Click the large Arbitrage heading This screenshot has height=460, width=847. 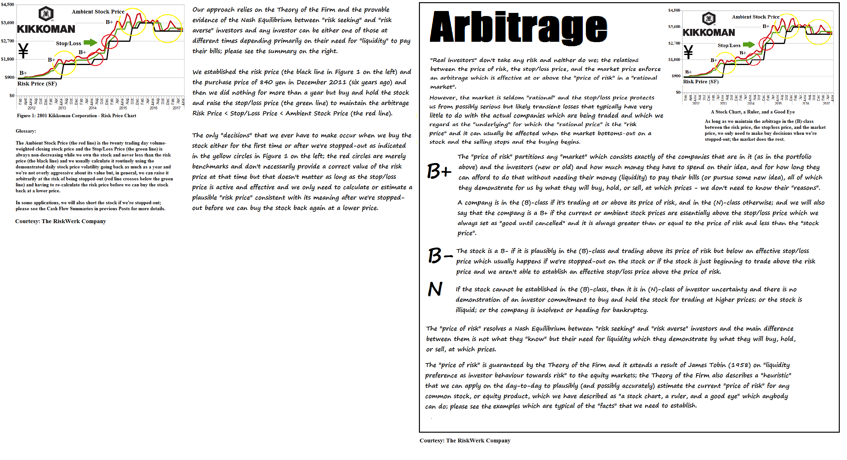click(518, 28)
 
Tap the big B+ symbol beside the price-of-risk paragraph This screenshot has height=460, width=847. click(439, 172)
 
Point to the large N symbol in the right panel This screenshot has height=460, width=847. click(435, 289)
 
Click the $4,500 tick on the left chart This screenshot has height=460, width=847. click(8, 5)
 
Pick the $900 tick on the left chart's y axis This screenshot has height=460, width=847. click(9, 78)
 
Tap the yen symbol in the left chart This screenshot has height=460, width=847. click(23, 51)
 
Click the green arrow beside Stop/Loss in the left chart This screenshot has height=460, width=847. click(90, 42)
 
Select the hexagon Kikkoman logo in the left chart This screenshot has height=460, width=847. click(46, 14)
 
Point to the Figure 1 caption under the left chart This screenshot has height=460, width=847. click(76, 116)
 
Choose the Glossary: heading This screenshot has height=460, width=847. click(26, 131)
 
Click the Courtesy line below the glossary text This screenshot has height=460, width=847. click(60, 221)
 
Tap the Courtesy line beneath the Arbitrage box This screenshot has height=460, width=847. click(465, 441)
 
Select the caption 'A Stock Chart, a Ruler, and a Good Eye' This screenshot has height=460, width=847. click(753, 112)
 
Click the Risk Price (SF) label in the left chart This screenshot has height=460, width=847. click(37, 84)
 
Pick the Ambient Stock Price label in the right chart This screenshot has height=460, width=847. click(755, 17)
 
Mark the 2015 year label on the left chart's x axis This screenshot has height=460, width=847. click(123, 108)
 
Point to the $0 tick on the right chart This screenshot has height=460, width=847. click(678, 92)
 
